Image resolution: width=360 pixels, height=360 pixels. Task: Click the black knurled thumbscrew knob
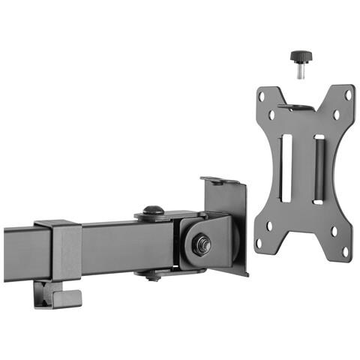(299, 57)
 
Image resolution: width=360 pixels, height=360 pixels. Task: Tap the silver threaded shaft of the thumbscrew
(299, 71)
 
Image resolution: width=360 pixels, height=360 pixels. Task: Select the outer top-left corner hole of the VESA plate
(262, 96)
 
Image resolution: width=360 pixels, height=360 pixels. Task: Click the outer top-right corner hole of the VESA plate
(348, 94)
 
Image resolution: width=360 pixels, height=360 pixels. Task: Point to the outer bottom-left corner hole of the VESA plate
(258, 244)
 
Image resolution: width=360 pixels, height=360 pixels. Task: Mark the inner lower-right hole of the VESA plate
(333, 229)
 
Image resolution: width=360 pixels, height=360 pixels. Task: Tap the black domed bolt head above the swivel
(153, 211)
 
